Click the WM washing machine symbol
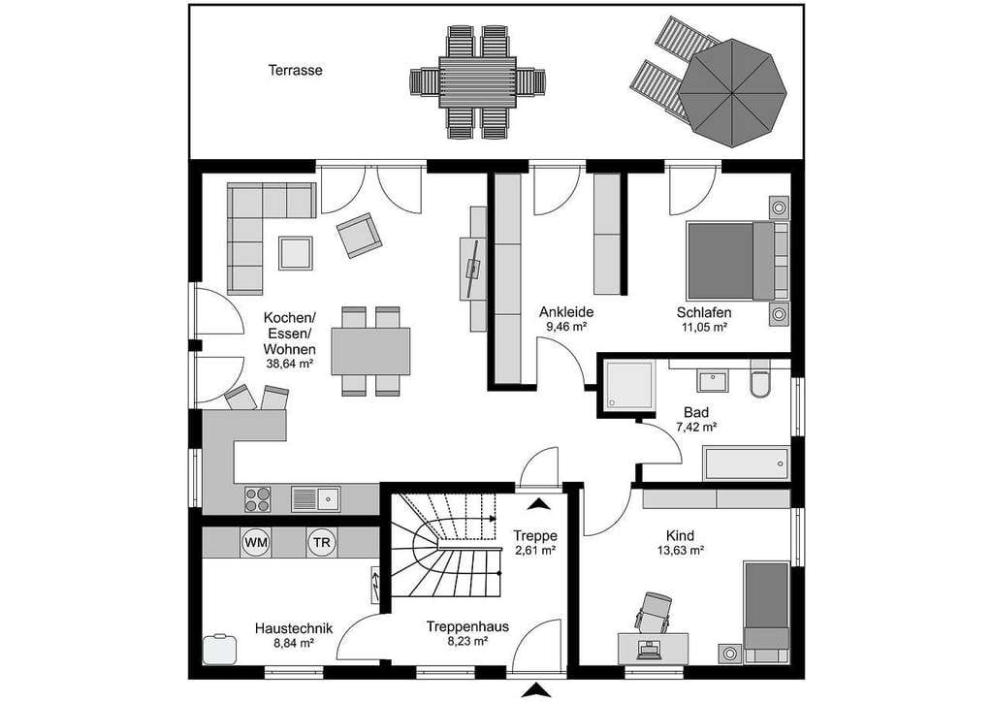pos(256,542)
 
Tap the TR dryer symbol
pos(322,542)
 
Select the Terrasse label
pos(295,70)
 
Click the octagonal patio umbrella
pos(732,92)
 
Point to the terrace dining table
pos(477,82)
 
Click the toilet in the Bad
pos(760,378)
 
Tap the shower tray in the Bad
pos(628,385)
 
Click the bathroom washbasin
pos(714,382)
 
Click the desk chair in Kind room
pos(654,612)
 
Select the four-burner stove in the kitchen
pos(258,498)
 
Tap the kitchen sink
pos(316,498)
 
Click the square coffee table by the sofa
pos(296,253)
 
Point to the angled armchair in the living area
pos(359,235)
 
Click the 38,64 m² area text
pos(290,364)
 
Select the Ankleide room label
pos(566,312)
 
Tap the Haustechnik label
pos(293,628)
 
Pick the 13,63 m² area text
pos(681,550)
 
